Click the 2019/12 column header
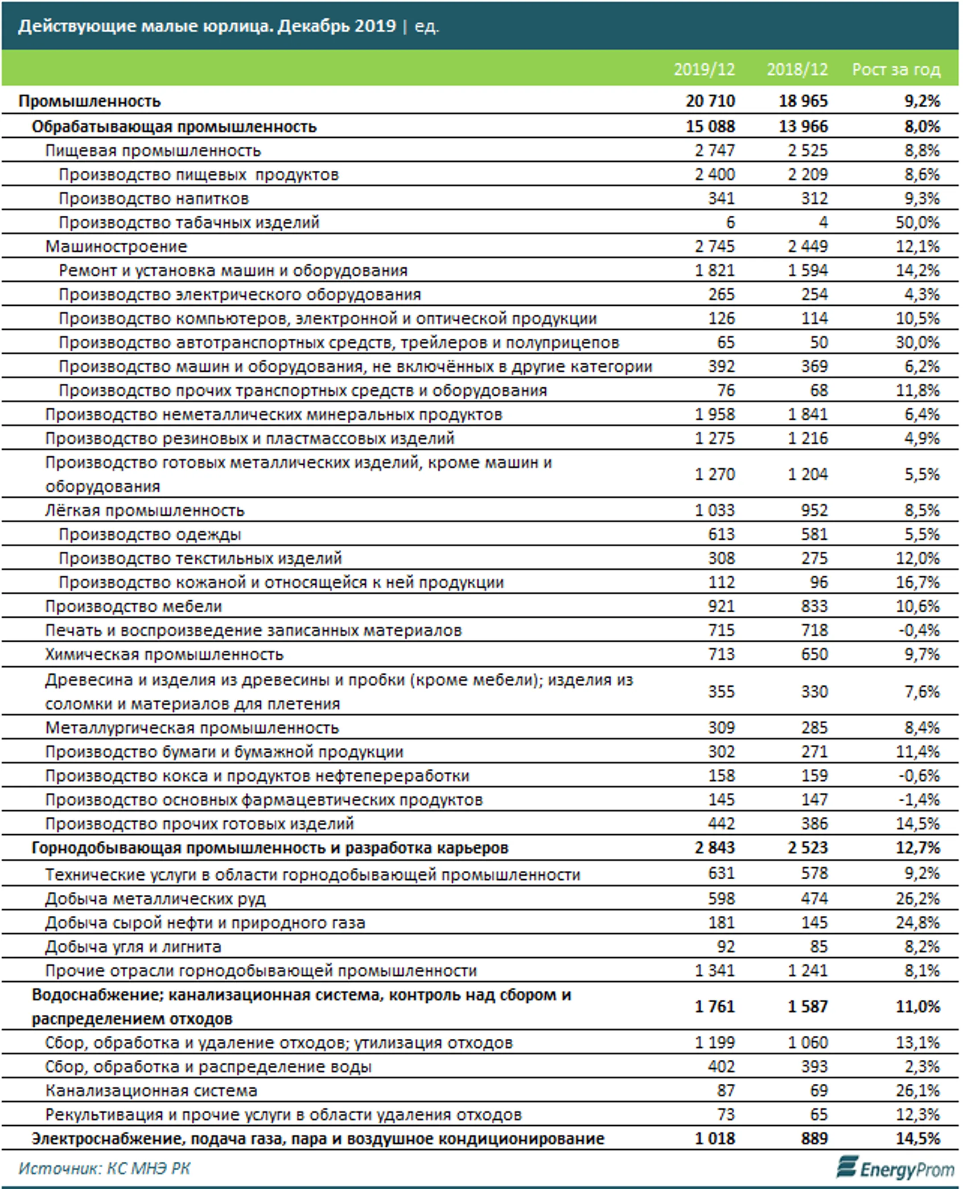[x=704, y=70]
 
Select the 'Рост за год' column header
[x=896, y=70]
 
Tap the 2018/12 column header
[x=797, y=70]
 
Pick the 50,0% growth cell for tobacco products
[x=918, y=222]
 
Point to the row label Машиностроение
[x=116, y=246]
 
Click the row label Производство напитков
[x=154, y=198]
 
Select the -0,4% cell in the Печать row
[x=919, y=631]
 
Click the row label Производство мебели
[x=133, y=606]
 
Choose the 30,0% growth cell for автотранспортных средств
[x=918, y=343]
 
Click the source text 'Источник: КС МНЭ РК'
[x=104, y=1168]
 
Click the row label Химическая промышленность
[x=164, y=654]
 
